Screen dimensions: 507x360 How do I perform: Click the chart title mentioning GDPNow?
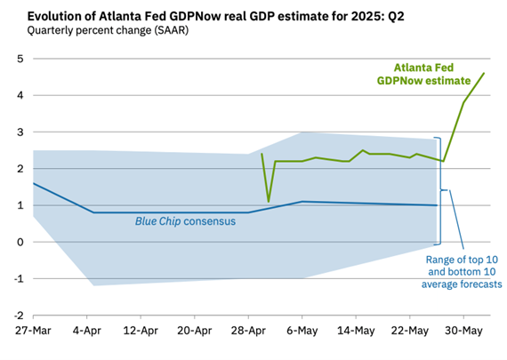click(215, 16)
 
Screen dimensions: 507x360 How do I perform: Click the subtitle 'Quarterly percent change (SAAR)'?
click(108, 30)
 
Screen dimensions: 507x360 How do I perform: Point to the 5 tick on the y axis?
click(20, 59)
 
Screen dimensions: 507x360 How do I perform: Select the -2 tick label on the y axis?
click(19, 316)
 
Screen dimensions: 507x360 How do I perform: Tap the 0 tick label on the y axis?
click(20, 242)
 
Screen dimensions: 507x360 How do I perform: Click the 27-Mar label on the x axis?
click(33, 331)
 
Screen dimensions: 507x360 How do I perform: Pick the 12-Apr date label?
click(141, 331)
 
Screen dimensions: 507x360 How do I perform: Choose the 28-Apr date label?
click(248, 331)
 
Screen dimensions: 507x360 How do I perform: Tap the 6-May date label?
click(302, 331)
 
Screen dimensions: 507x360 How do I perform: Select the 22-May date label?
click(410, 331)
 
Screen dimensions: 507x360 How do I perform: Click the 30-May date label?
click(463, 331)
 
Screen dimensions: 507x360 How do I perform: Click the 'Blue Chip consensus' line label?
click(185, 221)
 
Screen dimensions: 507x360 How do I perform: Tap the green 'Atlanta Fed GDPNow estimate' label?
click(424, 74)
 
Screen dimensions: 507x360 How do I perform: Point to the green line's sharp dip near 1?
click(269, 202)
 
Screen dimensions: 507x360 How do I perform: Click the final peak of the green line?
click(484, 73)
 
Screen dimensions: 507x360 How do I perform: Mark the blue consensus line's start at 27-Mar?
click(33, 183)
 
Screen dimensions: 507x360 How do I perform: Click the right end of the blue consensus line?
click(437, 205)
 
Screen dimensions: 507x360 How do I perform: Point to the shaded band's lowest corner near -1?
click(93, 285)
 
